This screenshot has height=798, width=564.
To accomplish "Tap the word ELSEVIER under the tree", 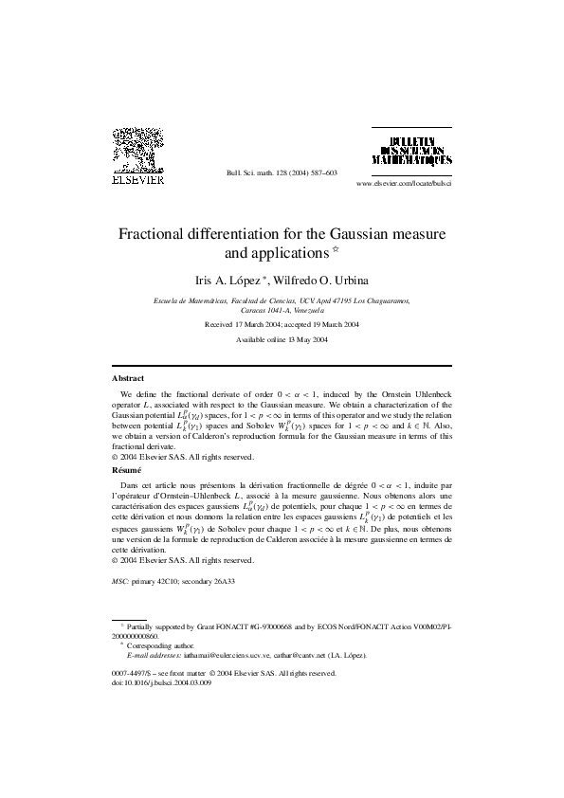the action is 139,176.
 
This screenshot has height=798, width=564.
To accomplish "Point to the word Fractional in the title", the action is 157,233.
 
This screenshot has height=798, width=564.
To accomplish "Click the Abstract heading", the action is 128,378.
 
